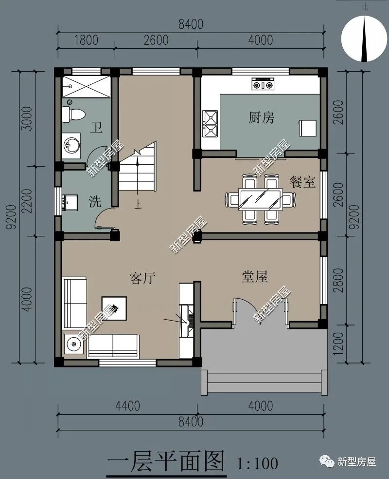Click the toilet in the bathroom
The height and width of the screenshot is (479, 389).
click(x=73, y=114)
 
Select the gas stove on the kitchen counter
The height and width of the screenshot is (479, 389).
click(x=263, y=84)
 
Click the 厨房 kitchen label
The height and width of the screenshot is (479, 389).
click(x=261, y=117)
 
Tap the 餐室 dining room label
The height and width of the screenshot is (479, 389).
click(x=302, y=182)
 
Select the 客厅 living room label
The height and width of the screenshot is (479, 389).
click(x=142, y=278)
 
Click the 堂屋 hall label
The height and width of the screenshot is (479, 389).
click(x=255, y=276)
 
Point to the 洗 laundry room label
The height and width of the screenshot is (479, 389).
click(x=95, y=202)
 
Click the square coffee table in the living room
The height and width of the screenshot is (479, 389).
click(x=114, y=308)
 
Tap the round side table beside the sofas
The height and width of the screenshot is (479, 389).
click(x=73, y=344)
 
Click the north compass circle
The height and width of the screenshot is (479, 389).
click(x=364, y=39)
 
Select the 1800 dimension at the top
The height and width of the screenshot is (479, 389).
click(x=86, y=40)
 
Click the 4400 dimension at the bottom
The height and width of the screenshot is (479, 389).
click(x=127, y=406)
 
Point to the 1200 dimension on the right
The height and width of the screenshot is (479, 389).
click(x=338, y=344)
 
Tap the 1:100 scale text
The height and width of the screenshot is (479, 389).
click(x=258, y=463)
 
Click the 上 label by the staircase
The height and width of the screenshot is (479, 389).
click(x=138, y=204)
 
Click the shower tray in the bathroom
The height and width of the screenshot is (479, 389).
click(x=86, y=87)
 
